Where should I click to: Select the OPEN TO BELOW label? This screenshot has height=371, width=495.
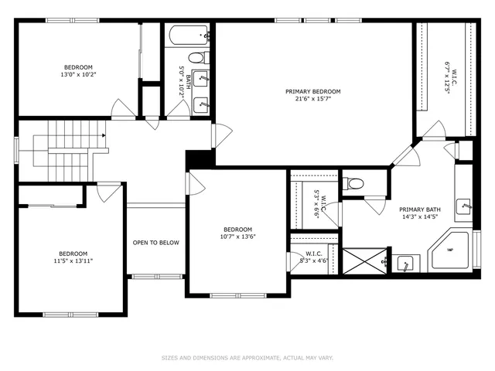(155, 243)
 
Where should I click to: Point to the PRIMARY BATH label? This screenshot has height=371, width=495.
(419, 209)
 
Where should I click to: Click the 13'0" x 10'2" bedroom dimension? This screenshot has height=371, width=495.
(80, 75)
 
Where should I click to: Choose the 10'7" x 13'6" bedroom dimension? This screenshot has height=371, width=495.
(238, 237)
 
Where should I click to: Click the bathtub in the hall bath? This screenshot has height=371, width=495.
(188, 34)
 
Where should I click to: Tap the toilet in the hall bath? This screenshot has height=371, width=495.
(196, 56)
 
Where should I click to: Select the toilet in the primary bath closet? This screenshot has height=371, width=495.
(355, 184)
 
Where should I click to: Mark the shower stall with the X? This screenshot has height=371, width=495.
(364, 259)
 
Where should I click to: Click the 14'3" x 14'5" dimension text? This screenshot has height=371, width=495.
(419, 217)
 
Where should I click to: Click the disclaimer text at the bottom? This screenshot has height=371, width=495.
(247, 358)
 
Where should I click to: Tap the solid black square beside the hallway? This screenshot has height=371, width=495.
(199, 158)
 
